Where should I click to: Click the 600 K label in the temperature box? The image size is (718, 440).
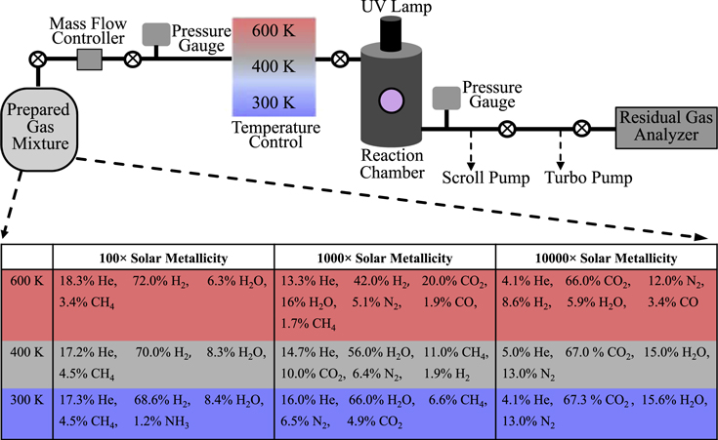pos(270,32)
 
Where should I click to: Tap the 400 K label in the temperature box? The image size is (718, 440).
pos(270,66)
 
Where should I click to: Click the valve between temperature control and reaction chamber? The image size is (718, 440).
pos(339,60)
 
